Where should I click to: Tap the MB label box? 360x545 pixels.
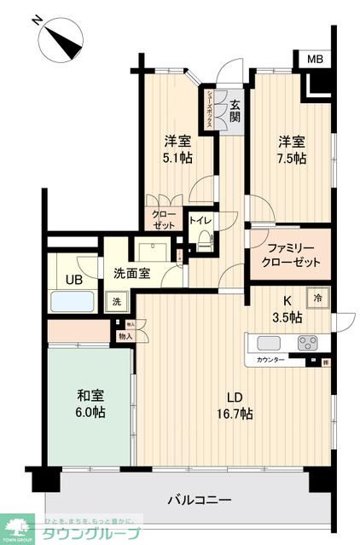(314, 60)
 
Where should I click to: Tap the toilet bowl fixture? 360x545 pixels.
(204, 241)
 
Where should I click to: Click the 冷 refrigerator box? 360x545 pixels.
(317, 299)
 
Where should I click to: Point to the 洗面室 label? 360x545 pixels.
(132, 273)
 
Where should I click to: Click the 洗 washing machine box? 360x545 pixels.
(115, 302)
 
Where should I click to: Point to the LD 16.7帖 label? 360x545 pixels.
(234, 405)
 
